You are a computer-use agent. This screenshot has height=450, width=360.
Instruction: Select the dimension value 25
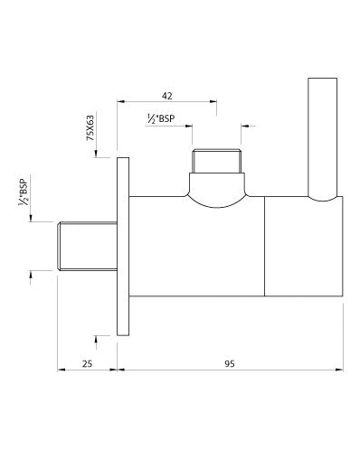click(87, 363)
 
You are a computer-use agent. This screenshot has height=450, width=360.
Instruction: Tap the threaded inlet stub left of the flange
click(87, 246)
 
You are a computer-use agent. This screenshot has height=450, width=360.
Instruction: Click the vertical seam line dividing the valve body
click(264, 246)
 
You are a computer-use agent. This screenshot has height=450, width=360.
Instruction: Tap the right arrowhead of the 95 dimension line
click(339, 370)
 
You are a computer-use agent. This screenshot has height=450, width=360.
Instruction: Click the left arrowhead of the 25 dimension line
click(61, 370)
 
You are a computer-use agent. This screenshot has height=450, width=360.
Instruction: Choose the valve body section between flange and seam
click(194, 253)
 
